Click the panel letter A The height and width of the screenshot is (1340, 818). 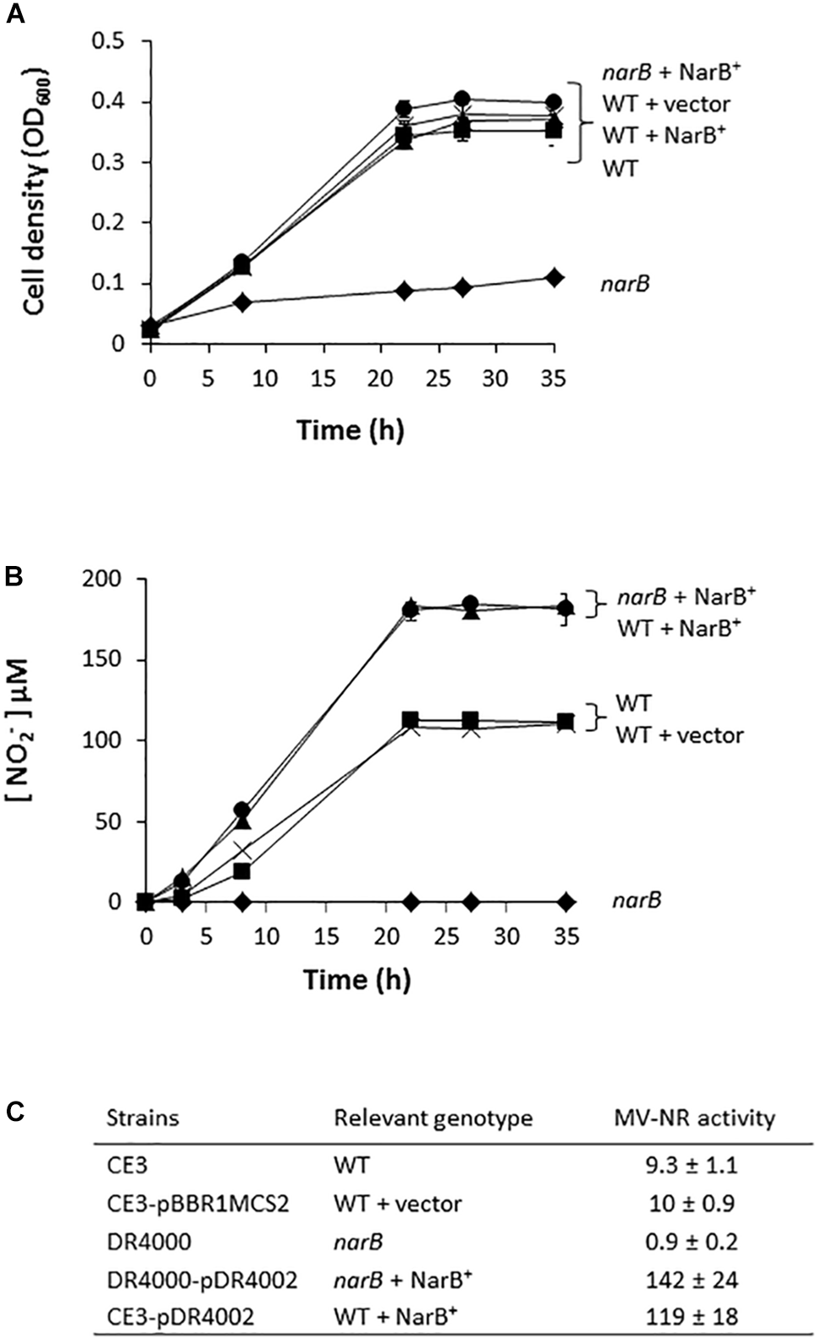coord(14,14)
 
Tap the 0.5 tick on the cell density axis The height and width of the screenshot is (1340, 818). coord(108,41)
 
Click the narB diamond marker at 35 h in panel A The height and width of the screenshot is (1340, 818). coord(553,277)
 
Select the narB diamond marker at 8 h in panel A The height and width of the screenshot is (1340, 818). coord(242,302)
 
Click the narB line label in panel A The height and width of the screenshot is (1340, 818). coord(625,283)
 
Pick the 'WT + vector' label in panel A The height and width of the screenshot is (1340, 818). coord(666,104)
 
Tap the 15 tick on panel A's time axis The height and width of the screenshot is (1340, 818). coord(323,378)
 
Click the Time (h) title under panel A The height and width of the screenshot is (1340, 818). coord(350,430)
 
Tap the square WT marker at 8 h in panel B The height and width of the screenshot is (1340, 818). coord(242,871)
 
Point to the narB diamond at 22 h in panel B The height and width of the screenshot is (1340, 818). coord(410,902)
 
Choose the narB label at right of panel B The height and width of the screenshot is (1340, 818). coord(636,900)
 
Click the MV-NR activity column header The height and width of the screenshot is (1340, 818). coord(693,1118)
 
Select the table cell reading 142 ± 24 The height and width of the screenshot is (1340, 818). coord(693,1280)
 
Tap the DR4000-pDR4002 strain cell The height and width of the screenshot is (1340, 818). coord(201,1280)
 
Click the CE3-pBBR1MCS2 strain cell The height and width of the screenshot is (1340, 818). coord(197,1204)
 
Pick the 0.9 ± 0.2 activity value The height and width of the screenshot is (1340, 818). coord(693,1241)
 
